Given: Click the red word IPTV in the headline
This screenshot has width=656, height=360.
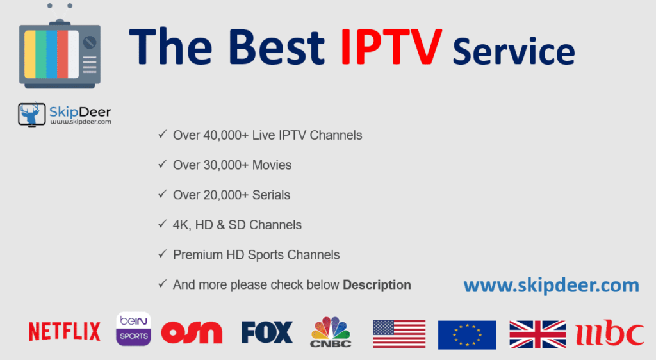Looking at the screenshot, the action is [391, 47].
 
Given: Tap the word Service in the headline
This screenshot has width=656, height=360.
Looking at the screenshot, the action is [514, 51].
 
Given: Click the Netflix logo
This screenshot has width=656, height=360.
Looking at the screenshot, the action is [65, 332].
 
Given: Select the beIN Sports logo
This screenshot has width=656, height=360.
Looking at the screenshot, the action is [133, 329].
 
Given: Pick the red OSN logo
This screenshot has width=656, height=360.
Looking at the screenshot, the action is [192, 332].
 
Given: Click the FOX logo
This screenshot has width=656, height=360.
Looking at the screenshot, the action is [267, 332].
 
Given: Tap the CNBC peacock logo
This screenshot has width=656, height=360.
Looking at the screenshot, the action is [331, 332].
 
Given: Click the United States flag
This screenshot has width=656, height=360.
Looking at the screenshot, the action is [399, 334].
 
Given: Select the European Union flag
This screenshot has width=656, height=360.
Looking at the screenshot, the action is [467, 335].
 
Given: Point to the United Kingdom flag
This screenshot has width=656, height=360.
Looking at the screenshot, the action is [537, 334].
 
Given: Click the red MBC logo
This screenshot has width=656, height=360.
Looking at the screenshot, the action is [610, 333].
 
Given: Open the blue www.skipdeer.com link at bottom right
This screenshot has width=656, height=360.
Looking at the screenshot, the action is [552, 286].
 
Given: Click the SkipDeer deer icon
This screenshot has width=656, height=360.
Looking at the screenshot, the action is [32, 114].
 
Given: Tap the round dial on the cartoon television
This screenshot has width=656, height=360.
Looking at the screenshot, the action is [90, 42].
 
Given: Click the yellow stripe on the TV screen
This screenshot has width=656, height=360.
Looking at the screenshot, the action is [29, 54].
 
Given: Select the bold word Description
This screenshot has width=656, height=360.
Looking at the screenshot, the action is [377, 285].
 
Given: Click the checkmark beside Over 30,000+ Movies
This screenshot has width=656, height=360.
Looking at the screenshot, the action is [162, 165].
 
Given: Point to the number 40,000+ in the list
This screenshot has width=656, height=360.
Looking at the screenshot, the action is [225, 135].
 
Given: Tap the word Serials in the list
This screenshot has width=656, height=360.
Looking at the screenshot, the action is [271, 195].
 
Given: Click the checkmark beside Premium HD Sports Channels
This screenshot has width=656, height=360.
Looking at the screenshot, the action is [162, 254].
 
